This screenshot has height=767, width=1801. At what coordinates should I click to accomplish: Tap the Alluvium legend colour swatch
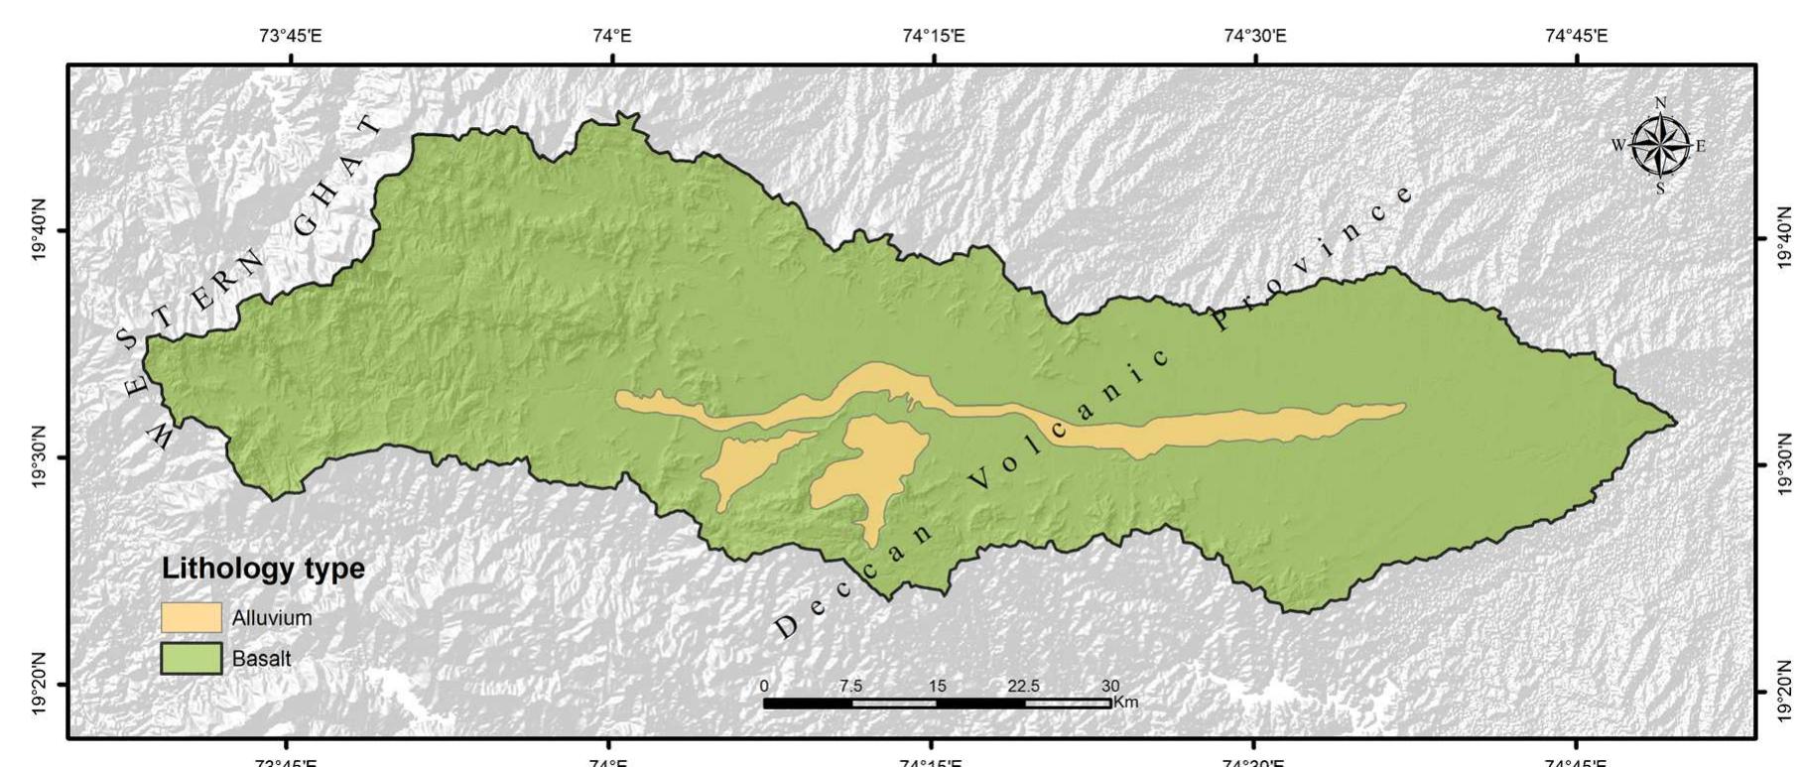point(192,617)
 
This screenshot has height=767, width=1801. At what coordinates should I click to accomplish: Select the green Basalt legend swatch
point(192,659)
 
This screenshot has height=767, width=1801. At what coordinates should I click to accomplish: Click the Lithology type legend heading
point(263,570)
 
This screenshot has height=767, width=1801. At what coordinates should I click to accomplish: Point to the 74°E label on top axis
point(611,37)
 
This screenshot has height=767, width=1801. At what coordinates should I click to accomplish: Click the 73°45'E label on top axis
point(290,37)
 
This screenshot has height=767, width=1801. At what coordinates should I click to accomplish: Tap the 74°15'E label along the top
point(934,37)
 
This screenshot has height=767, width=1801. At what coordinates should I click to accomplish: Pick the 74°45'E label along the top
point(1577,37)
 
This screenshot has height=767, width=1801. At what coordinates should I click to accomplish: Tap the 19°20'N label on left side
point(41,683)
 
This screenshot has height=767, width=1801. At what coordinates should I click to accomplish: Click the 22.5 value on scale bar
point(1023,686)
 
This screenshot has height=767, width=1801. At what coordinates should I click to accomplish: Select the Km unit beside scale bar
point(1126,703)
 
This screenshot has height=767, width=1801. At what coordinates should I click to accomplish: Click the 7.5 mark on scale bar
point(850,686)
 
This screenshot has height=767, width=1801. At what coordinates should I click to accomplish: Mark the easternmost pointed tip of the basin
point(1676,423)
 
